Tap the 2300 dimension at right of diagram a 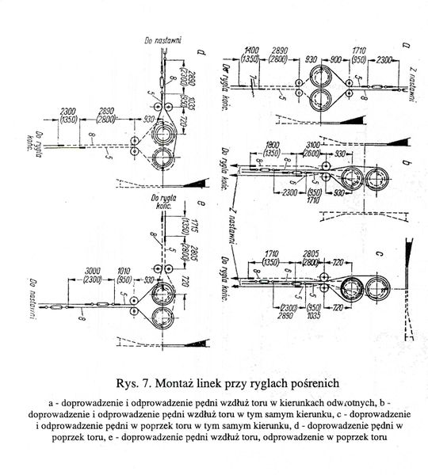point(365,60)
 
